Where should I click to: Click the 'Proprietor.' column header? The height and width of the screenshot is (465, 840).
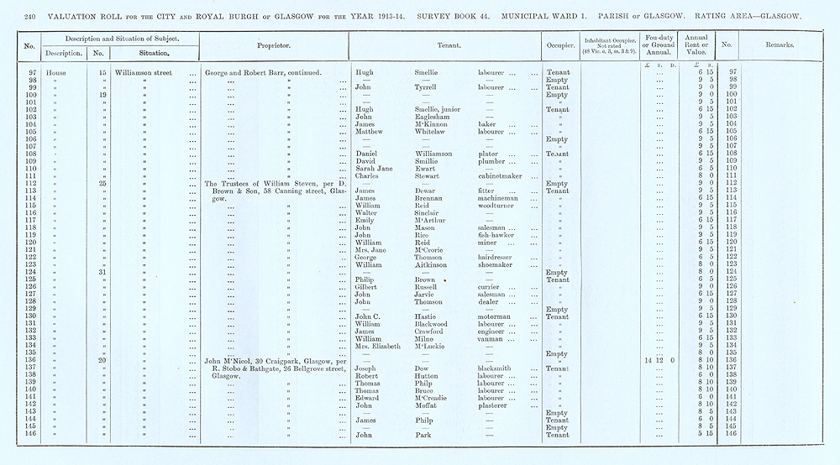pyautogui.click(x=275, y=46)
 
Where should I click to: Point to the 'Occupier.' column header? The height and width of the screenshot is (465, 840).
pyautogui.click(x=559, y=46)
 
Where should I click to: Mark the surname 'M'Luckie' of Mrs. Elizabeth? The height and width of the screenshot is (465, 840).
pyautogui.click(x=432, y=346)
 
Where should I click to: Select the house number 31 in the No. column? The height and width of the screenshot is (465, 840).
pyautogui.click(x=101, y=272)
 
